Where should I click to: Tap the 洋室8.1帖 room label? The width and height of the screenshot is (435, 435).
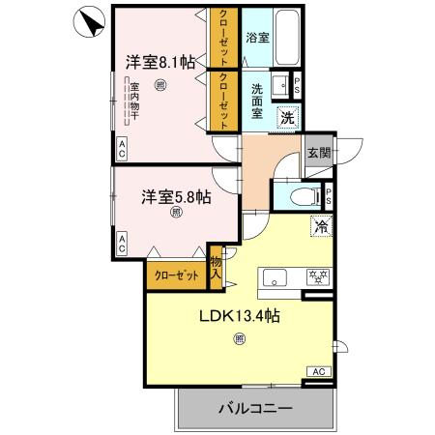click(x=160, y=61)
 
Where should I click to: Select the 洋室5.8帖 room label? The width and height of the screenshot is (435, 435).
click(x=176, y=197)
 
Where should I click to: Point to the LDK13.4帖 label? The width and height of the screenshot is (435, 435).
click(x=240, y=316)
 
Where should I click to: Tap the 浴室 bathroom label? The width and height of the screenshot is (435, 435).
click(x=257, y=38)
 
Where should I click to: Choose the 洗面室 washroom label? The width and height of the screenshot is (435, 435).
click(x=258, y=101)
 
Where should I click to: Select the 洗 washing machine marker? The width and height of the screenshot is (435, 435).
click(x=287, y=117)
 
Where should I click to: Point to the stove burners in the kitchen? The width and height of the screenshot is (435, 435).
click(x=316, y=276)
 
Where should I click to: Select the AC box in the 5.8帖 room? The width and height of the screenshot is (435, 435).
click(x=123, y=245)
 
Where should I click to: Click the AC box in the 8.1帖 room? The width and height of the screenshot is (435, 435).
click(x=123, y=148)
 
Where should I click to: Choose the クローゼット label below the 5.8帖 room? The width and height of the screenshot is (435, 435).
click(x=177, y=275)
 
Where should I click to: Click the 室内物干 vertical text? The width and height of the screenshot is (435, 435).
click(x=135, y=103)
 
